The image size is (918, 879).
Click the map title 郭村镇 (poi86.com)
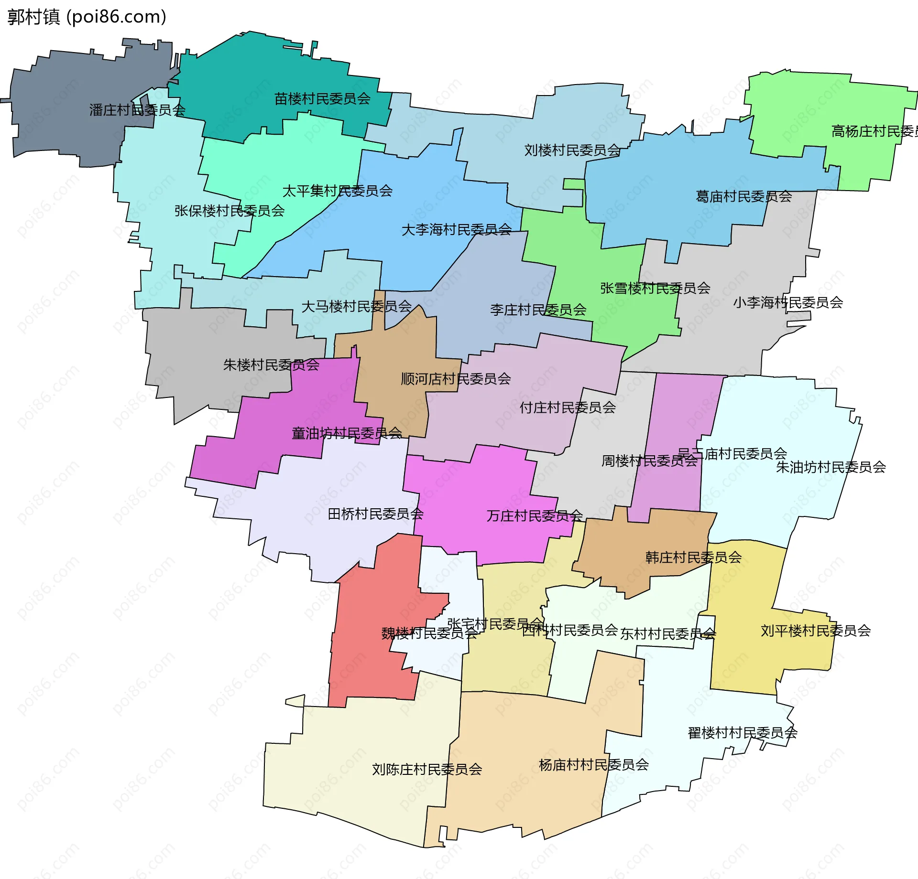87,17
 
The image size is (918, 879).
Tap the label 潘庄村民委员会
137,110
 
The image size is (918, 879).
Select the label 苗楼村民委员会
322,99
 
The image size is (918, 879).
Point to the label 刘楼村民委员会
572,150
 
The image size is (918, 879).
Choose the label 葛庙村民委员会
743,196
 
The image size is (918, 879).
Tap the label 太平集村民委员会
338,191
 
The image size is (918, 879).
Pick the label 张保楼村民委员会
229,211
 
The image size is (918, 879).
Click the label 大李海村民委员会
457,230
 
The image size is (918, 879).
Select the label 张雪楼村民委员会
655,288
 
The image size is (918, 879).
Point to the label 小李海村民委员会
788,302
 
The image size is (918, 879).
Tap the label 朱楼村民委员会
271,365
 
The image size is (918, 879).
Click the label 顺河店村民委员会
456,379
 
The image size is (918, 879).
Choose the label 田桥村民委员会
376,514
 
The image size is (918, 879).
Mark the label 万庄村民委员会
535,516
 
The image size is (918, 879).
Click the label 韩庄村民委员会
693,557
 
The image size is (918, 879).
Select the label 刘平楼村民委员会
816,631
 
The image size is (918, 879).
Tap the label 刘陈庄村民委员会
427,769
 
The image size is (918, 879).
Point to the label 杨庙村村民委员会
594,765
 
